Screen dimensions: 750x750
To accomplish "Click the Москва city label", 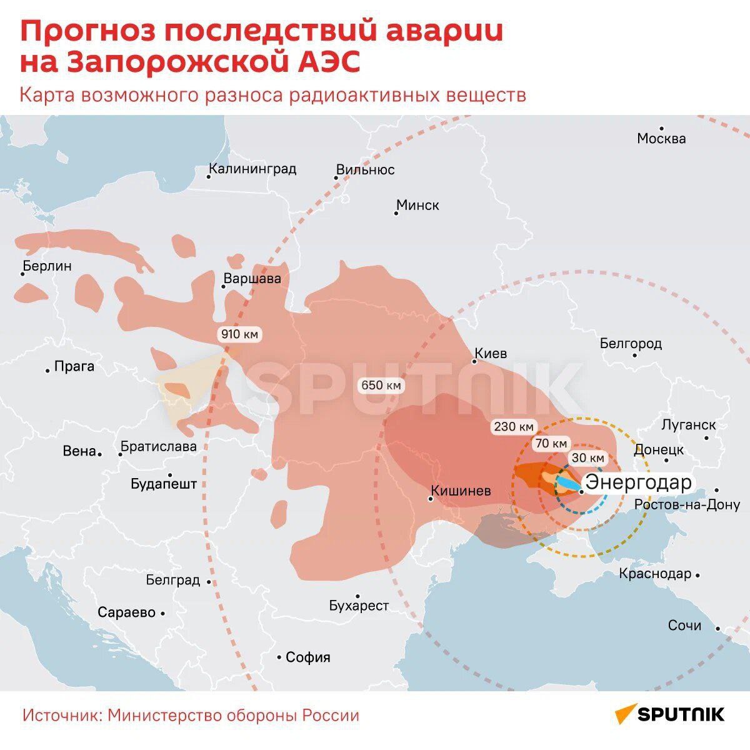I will click(x=661, y=139).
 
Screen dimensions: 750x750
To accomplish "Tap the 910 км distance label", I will click(x=239, y=334).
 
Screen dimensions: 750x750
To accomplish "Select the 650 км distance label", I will click(x=381, y=386).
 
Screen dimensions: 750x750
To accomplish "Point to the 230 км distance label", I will click(x=514, y=427).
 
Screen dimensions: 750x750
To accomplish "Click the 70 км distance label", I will click(x=551, y=444).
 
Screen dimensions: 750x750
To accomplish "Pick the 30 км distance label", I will click(x=587, y=458).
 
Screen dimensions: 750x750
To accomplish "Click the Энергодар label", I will click(x=637, y=482).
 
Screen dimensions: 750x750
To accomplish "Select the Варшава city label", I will click(x=252, y=279).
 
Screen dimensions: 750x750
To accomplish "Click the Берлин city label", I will click(x=47, y=266).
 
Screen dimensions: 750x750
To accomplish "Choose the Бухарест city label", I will click(x=359, y=606).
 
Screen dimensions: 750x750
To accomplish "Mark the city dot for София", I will click(x=279, y=657).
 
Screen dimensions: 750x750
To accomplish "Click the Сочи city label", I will click(x=684, y=626).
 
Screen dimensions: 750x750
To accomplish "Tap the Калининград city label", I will click(x=252, y=169).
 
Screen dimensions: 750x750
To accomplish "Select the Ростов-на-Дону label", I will click(x=687, y=504).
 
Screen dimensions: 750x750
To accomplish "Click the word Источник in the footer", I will click(x=61, y=716).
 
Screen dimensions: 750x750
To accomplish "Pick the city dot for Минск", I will click(x=396, y=213).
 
